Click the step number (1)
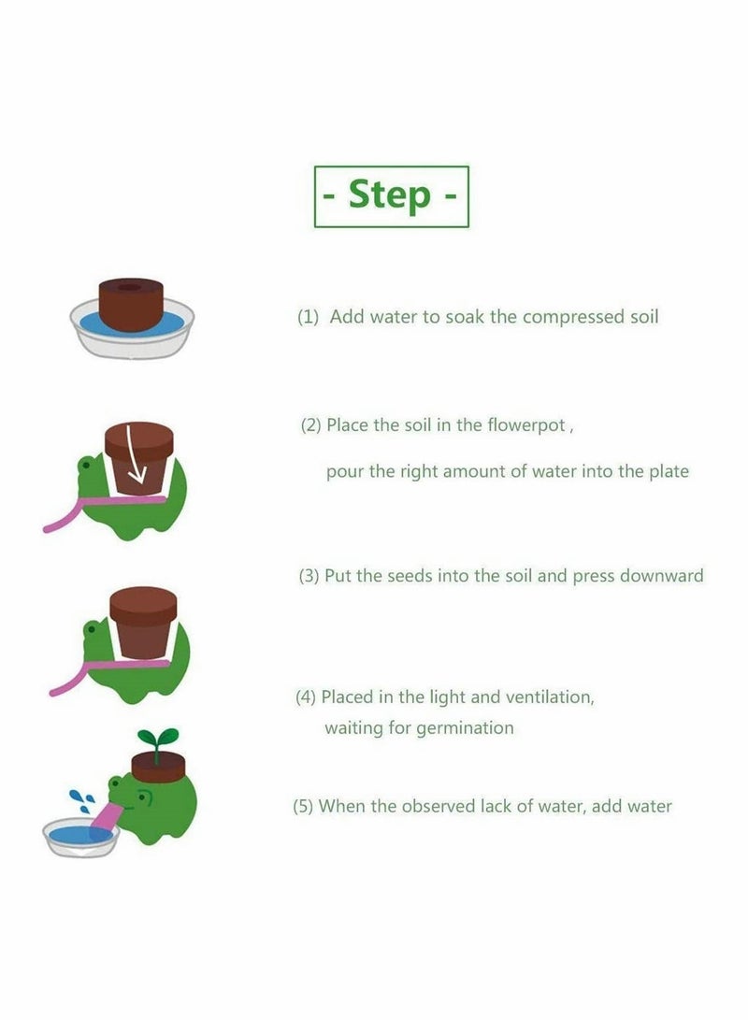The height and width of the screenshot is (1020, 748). point(308,317)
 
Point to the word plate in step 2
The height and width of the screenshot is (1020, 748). point(669,471)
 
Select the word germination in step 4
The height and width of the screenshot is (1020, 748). point(464,727)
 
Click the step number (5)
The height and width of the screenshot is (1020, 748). point(303,806)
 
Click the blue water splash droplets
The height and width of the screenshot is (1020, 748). point(81,800)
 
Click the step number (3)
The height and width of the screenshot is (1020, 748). point(309,576)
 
